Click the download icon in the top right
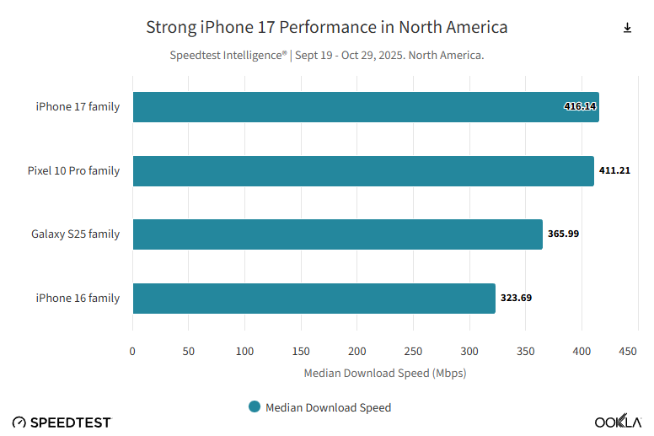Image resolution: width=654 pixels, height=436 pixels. pyautogui.click(x=627, y=28)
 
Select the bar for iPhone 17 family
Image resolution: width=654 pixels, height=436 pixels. pyautogui.click(x=365, y=107)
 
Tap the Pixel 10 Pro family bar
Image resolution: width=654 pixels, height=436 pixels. pyautogui.click(x=362, y=170)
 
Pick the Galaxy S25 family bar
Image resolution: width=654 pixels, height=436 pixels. pyautogui.click(x=337, y=234)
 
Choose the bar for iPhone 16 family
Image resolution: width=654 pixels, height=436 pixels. pyautogui.click(x=314, y=298)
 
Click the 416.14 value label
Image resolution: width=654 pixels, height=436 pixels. pyautogui.click(x=580, y=107)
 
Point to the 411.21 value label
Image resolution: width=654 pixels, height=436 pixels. pyautogui.click(x=614, y=170)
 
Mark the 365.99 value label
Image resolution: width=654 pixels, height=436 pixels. pyautogui.click(x=563, y=234)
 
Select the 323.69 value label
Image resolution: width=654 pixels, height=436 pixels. pyautogui.click(x=516, y=298)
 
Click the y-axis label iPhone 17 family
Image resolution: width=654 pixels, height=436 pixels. pyautogui.click(x=78, y=107)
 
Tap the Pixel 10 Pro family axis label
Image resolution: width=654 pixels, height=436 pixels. pyautogui.click(x=73, y=170)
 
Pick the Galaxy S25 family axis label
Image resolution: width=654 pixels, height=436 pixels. pyautogui.click(x=75, y=234)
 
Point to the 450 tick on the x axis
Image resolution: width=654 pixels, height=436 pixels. pyautogui.click(x=627, y=351)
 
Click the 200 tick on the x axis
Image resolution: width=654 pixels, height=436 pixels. pyautogui.click(x=357, y=351)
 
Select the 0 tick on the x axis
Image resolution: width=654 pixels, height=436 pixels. pyautogui.click(x=132, y=351)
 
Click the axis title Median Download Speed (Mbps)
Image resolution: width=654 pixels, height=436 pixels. pyautogui.click(x=384, y=372)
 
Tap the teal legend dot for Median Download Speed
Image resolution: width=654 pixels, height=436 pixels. pyautogui.click(x=255, y=406)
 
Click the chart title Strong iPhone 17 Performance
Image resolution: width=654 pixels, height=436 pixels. pyautogui.click(x=327, y=27)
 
